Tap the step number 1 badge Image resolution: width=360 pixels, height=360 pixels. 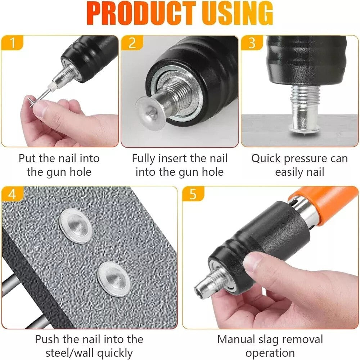pyautogui.click(x=13, y=43)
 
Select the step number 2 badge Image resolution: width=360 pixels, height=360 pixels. pyautogui.click(x=132, y=43)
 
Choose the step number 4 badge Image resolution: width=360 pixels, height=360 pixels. pyautogui.click(x=13, y=194)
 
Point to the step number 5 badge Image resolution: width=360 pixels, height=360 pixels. pyautogui.click(x=193, y=194)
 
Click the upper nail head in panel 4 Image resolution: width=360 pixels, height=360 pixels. pyautogui.click(x=75, y=226)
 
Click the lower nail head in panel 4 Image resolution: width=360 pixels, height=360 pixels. pyautogui.click(x=113, y=279)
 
